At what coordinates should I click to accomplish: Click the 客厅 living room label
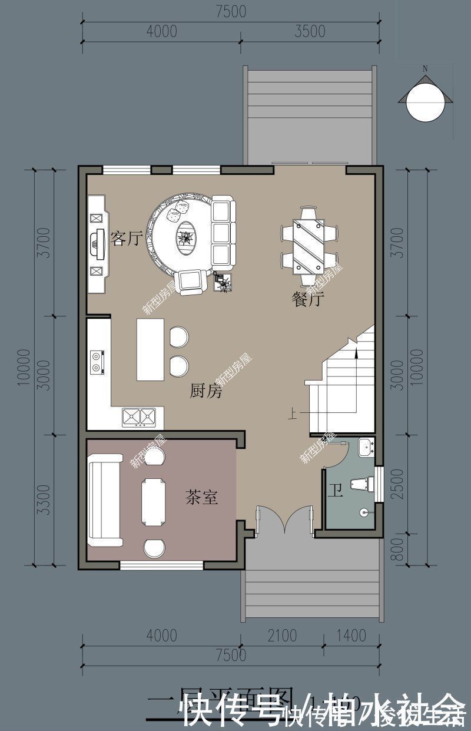point(127,239)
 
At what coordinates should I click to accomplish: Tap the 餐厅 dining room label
point(308,299)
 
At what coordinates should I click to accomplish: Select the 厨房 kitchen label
point(206,391)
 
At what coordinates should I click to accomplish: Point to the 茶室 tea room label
point(201,498)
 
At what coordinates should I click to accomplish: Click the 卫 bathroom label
point(335,491)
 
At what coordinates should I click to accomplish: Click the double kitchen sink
point(139,416)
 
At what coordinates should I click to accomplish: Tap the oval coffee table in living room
point(187,238)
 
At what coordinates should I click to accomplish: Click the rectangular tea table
point(154,501)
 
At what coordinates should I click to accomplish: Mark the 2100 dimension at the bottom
point(281,636)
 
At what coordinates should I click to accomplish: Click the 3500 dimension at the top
point(309,31)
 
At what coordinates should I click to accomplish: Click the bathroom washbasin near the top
point(366,446)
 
